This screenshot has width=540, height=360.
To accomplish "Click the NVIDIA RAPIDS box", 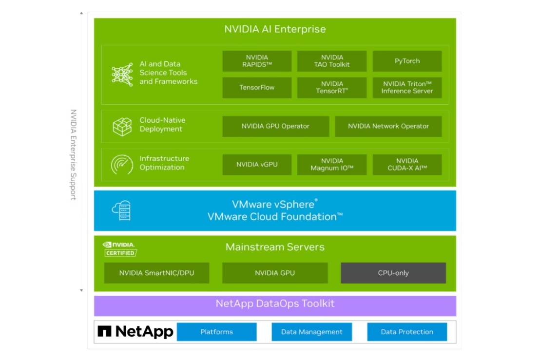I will click(257, 61).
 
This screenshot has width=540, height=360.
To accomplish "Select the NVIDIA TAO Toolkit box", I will click(332, 61).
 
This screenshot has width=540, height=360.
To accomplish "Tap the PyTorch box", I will click(407, 61).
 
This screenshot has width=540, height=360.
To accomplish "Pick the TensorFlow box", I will click(257, 88).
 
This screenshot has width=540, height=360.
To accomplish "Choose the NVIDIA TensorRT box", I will click(332, 88).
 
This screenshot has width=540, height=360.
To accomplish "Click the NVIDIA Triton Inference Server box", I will click(407, 88).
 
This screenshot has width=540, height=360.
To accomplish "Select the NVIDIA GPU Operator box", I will click(275, 126).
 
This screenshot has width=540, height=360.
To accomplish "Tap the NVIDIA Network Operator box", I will click(388, 126).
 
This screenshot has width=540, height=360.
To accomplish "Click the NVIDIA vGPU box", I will click(257, 165).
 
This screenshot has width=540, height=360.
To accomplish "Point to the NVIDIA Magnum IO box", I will click(332, 165).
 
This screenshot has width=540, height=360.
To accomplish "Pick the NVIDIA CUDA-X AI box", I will click(407, 165).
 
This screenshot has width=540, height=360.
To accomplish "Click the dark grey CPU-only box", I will click(393, 273).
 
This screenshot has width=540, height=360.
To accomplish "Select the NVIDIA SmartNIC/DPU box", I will click(156, 273).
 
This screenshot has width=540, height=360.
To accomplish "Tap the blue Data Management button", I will click(311, 332).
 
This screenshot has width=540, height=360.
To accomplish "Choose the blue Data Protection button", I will click(407, 332).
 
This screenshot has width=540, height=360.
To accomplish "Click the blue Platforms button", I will click(216, 332).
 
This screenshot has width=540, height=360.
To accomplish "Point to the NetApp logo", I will click(135, 332).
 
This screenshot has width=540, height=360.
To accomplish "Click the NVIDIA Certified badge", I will click(120, 249).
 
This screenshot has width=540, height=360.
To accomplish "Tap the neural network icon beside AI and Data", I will click(122, 75).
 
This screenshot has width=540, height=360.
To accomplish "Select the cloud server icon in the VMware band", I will click(121, 210).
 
